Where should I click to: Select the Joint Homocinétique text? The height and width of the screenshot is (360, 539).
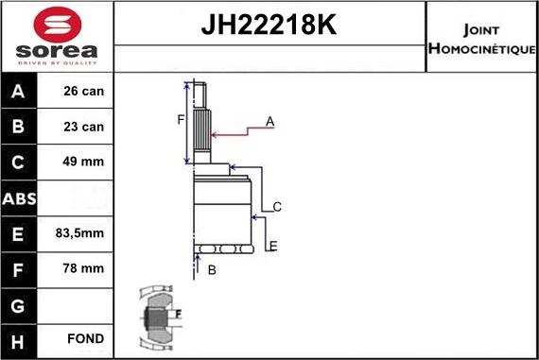(x=482, y=37)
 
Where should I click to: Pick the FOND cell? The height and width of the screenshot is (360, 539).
(x=86, y=338)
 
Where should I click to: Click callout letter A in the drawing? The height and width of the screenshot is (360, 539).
(x=269, y=122)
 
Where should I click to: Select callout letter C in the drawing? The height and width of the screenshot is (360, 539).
(x=277, y=207)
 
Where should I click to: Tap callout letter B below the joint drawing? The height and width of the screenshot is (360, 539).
(x=213, y=271)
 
